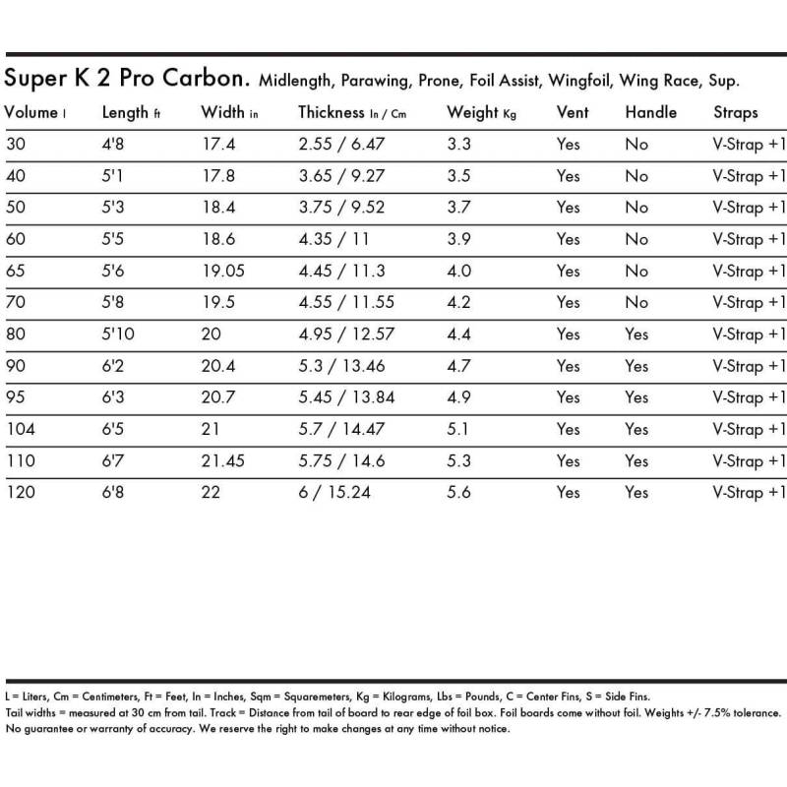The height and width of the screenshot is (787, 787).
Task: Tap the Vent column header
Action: pos(573,112)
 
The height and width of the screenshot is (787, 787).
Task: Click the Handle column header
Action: pos(650,112)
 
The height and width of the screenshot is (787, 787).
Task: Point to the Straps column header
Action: pos(735,112)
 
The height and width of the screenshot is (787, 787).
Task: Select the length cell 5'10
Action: pos(119,334)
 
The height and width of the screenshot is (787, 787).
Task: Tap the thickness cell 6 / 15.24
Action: pos(334,492)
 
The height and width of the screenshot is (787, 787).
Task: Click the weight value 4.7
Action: pos(458,366)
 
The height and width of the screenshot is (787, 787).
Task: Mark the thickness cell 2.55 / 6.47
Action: pos(341,145)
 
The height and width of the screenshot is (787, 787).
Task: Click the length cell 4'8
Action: pos(113,145)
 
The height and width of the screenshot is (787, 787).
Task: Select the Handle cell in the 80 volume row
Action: pos(636,334)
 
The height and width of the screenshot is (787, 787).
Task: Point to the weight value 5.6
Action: pos(458,492)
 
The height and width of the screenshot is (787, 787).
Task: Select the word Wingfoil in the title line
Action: pos(580,81)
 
